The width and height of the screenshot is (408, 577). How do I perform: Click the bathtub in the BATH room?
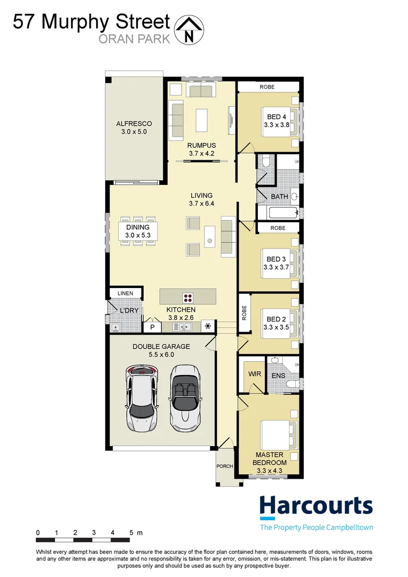coord(278,213)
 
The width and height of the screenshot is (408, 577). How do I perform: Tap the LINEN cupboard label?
coord(125,293)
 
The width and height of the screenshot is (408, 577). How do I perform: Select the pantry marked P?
coord(152,327)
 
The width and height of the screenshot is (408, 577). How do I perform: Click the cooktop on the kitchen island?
coord(189,297)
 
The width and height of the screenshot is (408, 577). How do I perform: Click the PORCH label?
coord(225,466)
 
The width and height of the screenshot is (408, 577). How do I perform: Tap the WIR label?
coord(255,374)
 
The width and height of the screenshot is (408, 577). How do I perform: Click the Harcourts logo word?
coord(316,506)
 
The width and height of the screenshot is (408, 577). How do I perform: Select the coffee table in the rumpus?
coord(202,120)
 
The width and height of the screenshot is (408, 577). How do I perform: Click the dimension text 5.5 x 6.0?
coord(161,354)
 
